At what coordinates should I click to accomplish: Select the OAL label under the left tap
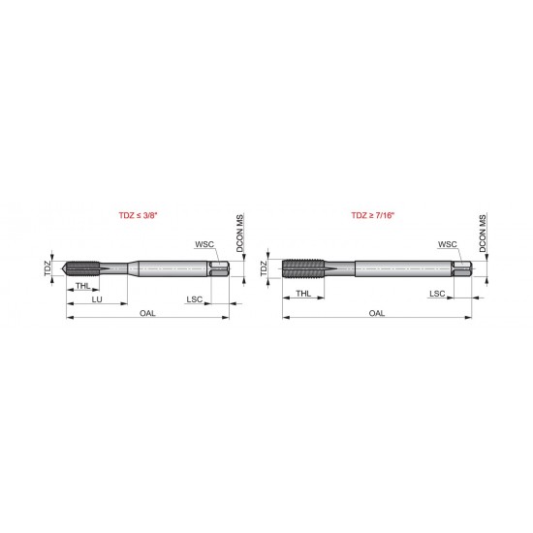(x=147, y=313)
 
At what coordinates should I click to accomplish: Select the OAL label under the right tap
(x=377, y=313)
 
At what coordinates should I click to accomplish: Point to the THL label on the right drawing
(x=303, y=292)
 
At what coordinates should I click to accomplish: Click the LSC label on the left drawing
(x=195, y=300)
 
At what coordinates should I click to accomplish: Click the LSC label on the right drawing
(x=437, y=292)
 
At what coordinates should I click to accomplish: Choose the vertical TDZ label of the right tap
(x=265, y=268)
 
